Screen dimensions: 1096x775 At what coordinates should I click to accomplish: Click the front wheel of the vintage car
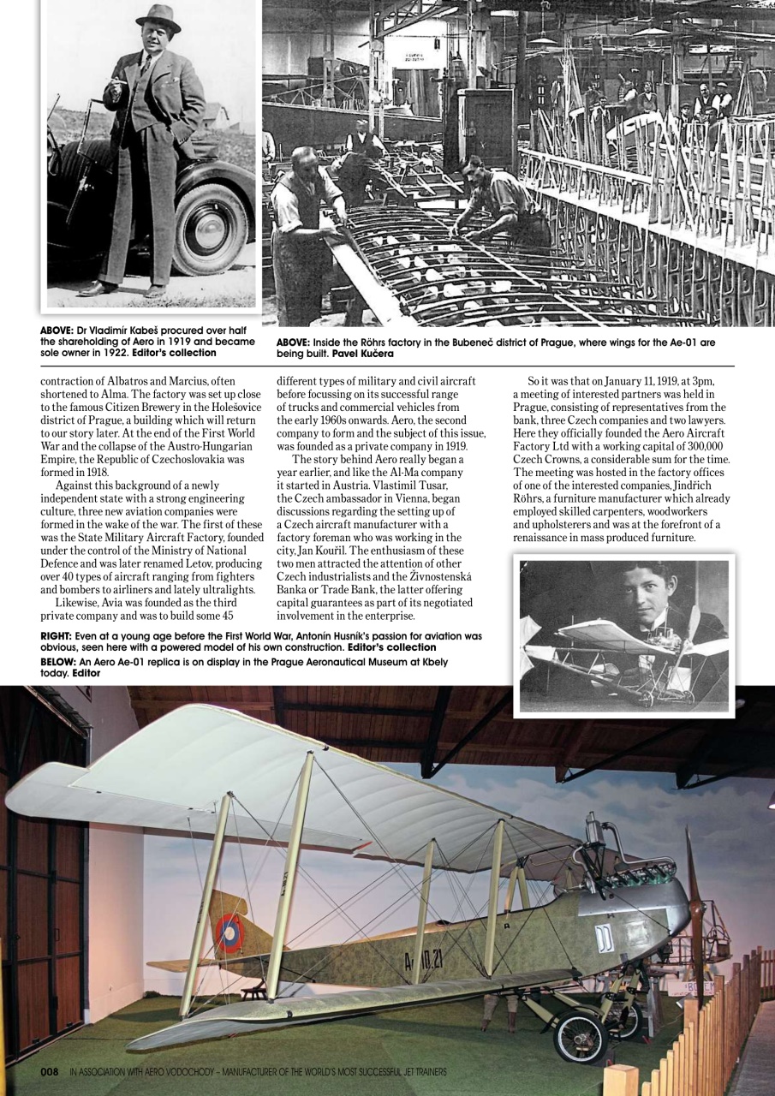(211, 228)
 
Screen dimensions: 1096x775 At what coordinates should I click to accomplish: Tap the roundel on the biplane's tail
(230, 932)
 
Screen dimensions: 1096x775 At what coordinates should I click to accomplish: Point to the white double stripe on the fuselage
(605, 938)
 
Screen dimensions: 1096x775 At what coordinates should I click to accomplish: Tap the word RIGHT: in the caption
(57, 636)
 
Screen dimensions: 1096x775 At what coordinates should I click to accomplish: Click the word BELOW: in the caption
(58, 662)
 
